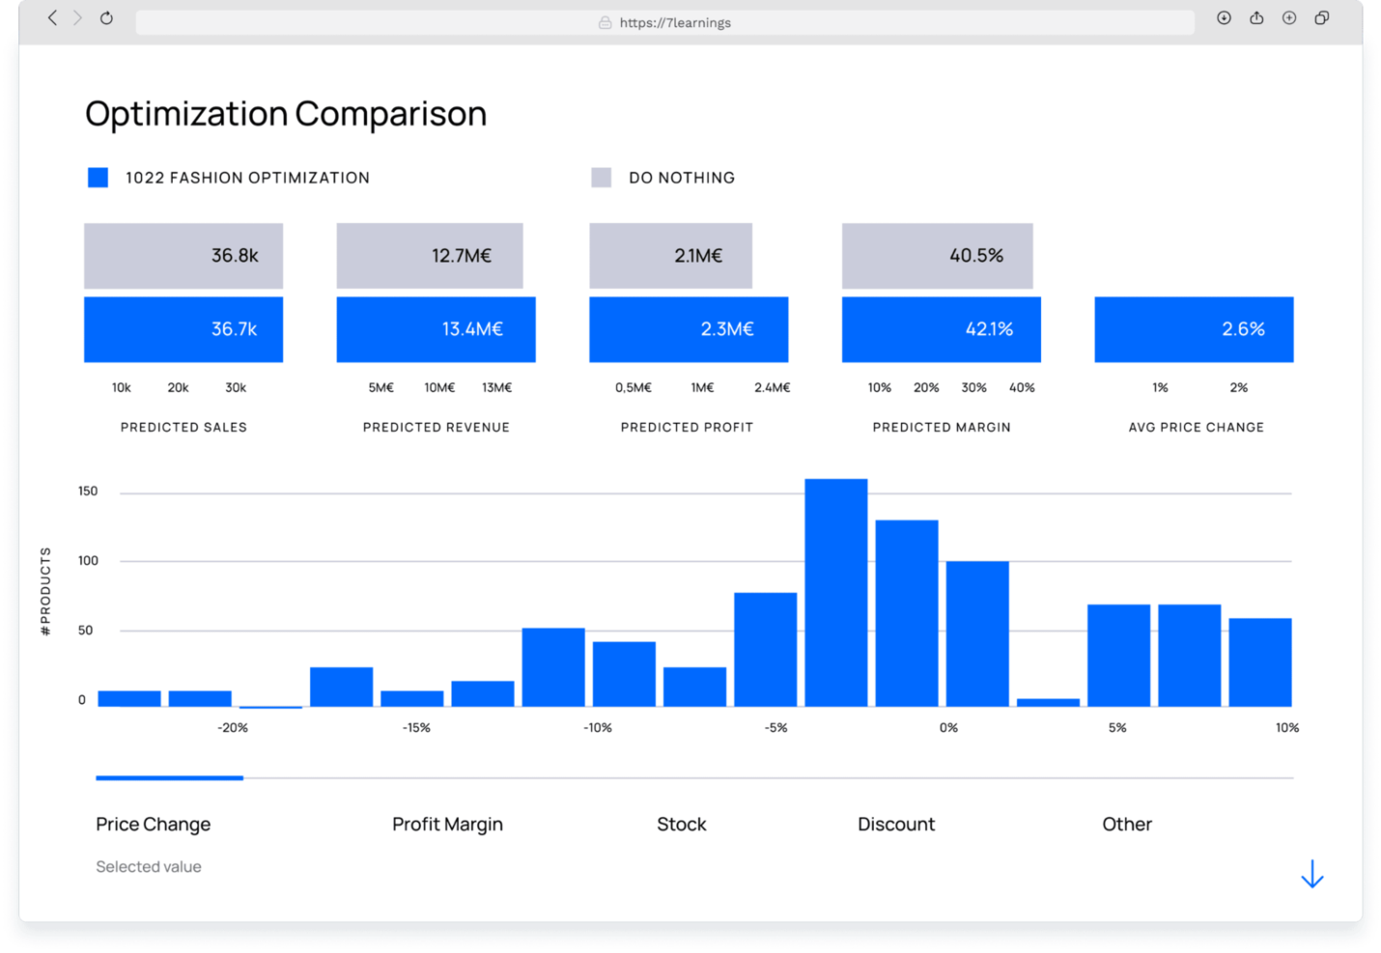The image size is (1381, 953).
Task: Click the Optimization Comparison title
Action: coord(286,114)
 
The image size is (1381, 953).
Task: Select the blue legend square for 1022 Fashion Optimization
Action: coord(98,178)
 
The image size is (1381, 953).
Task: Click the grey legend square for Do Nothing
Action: coord(601,178)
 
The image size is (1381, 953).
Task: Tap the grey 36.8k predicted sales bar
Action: coord(183,256)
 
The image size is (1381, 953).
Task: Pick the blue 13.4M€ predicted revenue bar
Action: coord(436,329)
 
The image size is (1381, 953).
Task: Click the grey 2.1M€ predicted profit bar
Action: coord(670,256)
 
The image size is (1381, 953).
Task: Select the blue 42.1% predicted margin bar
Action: coord(941,329)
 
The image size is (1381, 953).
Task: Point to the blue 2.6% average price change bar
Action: coord(1194,329)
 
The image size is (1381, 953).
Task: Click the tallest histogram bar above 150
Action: coord(836,592)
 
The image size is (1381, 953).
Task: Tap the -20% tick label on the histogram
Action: coord(233,728)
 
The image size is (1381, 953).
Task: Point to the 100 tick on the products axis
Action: coord(88,561)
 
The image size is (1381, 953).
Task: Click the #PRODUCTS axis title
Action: coord(45,591)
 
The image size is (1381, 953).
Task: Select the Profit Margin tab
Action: coord(447,825)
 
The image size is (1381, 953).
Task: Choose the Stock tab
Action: coord(681,825)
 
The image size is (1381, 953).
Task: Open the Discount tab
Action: coord(896,825)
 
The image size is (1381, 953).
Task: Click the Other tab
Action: coord(1127,825)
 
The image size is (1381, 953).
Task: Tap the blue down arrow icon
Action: coord(1311,874)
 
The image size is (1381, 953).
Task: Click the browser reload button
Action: coord(106,18)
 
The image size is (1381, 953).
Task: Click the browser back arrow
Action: coord(53,18)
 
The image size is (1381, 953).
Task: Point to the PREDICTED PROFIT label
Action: coord(687,427)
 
